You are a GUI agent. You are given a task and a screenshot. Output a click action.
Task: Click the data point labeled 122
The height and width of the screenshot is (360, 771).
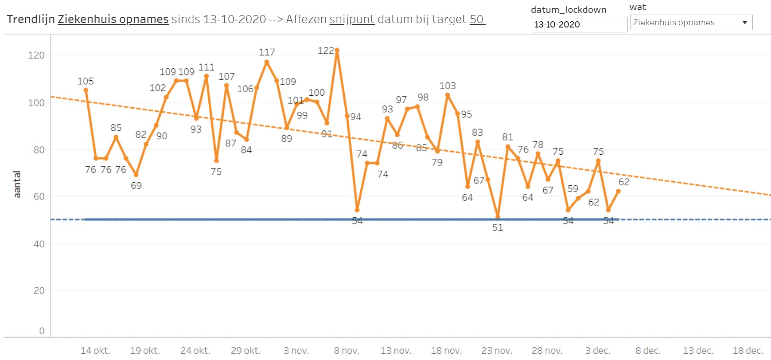click(337, 51)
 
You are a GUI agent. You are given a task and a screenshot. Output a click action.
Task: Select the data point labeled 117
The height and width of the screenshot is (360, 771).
click(267, 62)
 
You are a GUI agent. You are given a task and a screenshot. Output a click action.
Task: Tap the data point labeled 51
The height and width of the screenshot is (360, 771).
click(498, 217)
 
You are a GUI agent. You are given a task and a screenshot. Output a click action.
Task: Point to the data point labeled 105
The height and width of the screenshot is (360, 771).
click(86, 90)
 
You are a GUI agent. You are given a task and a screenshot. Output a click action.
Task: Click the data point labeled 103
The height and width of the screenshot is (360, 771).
click(448, 95)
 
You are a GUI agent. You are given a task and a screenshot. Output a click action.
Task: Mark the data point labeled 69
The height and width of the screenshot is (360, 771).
click(136, 175)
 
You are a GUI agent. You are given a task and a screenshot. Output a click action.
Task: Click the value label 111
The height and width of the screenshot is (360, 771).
click(206, 67)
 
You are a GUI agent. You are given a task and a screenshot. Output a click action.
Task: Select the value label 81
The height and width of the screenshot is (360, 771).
click(507, 137)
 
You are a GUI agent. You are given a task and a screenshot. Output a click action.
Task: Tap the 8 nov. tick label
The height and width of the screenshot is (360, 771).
click(347, 351)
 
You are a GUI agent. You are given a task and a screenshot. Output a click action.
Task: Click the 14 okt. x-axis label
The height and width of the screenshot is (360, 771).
click(95, 351)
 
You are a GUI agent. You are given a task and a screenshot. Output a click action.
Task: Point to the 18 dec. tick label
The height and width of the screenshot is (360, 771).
click(747, 351)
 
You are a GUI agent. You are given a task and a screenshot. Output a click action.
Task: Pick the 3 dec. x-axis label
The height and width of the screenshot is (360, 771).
click(598, 351)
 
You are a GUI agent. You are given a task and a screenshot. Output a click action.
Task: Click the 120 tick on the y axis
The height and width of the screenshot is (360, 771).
click(36, 55)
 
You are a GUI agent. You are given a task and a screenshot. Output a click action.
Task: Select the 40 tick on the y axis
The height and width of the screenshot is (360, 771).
click(39, 244)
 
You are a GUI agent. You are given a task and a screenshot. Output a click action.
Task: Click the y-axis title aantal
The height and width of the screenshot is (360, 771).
click(17, 184)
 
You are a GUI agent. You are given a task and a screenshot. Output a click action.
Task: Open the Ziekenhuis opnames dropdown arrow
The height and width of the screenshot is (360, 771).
click(745, 23)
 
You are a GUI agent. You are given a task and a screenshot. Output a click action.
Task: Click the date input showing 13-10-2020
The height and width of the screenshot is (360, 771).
click(579, 25)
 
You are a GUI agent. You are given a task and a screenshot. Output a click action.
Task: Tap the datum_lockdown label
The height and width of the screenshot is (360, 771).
click(569, 10)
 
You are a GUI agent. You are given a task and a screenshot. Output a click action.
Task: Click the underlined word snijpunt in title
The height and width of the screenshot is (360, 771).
click(352, 20)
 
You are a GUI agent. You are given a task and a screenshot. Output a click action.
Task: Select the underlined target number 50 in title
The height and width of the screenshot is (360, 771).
click(477, 20)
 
